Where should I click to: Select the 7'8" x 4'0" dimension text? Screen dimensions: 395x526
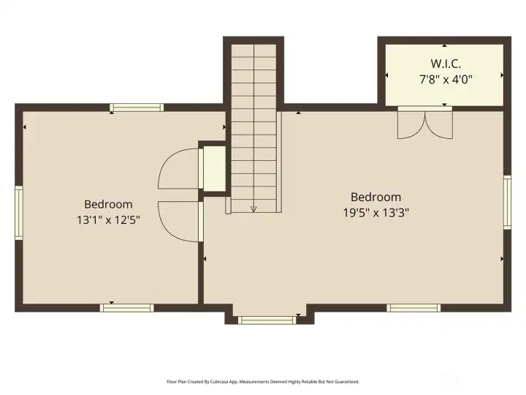(444, 78)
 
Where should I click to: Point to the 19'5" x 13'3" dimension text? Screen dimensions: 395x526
(376, 212)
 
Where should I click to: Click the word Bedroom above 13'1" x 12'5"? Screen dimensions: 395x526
(108, 204)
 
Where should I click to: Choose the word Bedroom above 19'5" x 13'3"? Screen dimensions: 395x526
(376, 197)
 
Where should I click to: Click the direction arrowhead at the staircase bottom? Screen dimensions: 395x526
(254, 208)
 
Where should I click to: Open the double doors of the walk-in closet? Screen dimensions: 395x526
(424, 123)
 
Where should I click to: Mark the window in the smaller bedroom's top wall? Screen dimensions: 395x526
(137, 108)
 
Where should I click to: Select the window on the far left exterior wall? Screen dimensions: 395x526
(19, 212)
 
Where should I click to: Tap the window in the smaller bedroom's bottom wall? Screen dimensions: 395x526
(126, 307)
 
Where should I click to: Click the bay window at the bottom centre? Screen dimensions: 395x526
(268, 320)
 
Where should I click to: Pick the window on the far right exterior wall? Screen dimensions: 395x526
(507, 203)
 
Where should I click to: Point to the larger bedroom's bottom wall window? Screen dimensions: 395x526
(414, 307)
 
